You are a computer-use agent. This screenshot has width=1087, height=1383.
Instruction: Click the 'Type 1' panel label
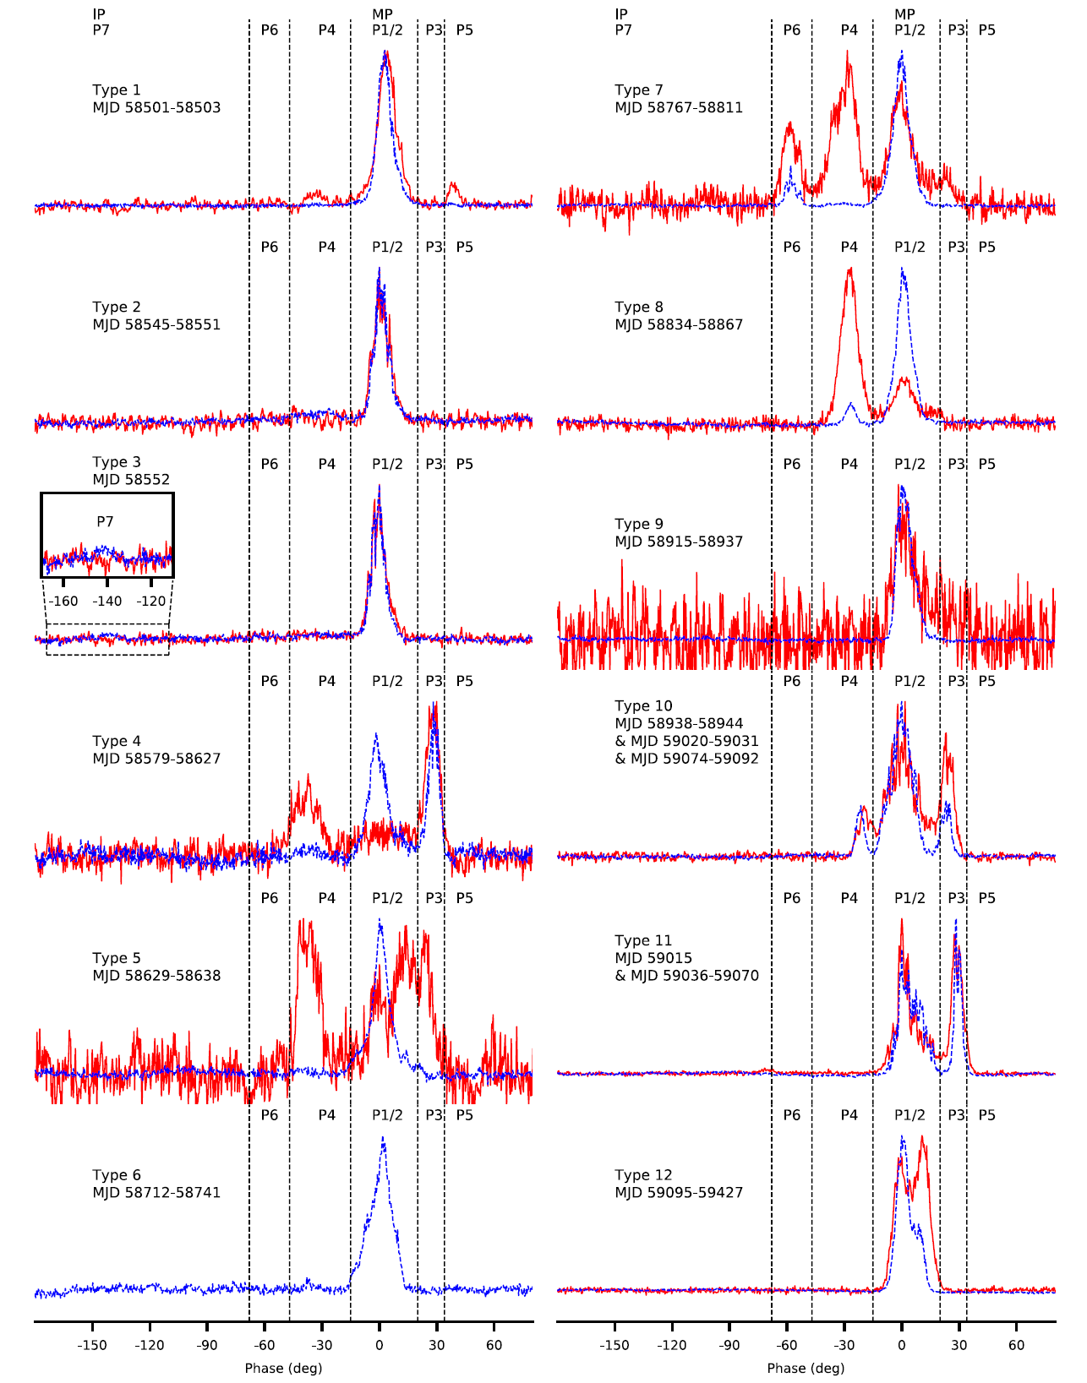[117, 90]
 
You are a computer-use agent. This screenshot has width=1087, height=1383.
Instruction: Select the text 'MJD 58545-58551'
[156, 325]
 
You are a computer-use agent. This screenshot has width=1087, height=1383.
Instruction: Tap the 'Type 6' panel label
[117, 1175]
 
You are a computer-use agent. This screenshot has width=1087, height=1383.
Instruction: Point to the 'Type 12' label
[643, 1175]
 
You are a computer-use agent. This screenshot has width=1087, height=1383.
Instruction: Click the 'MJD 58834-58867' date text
[679, 325]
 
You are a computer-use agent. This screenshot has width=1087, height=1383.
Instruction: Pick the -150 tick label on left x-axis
[92, 1345]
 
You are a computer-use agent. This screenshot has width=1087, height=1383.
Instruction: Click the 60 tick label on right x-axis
[1016, 1345]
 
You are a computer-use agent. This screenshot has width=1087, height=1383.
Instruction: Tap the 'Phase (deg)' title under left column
[283, 1368]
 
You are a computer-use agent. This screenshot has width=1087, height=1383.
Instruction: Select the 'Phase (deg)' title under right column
[806, 1368]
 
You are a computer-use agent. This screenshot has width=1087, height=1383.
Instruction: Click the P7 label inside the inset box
[105, 522]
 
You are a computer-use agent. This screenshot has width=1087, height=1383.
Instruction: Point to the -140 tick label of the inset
[107, 602]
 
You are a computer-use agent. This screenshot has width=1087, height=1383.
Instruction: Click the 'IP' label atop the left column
[99, 14]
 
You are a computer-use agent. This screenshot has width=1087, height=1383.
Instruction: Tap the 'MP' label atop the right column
[904, 14]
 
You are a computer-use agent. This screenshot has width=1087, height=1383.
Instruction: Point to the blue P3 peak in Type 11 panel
[956, 923]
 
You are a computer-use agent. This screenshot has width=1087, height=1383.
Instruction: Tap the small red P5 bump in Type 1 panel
[453, 185]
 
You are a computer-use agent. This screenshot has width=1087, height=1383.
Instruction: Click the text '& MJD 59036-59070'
[686, 976]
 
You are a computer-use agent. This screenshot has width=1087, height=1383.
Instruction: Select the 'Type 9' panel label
[639, 524]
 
